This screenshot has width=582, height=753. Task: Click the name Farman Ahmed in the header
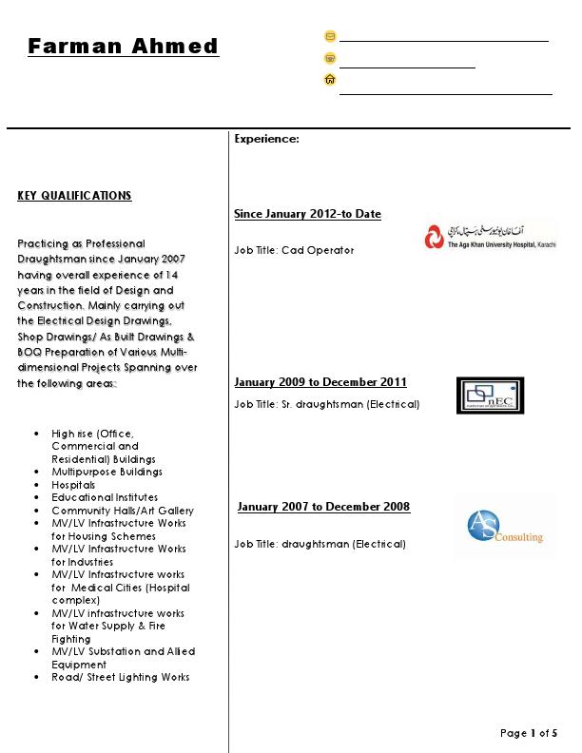point(123,46)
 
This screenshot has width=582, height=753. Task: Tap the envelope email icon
point(330,36)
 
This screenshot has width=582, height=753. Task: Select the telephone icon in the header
point(330,58)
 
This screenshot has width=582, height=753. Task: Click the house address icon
point(330,80)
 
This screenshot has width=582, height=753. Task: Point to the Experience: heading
point(266,139)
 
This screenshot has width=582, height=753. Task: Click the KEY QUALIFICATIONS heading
point(74,196)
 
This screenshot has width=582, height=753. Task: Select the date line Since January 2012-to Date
point(307,214)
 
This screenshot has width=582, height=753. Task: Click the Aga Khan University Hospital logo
point(491,235)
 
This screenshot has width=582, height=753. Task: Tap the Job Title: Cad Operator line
point(294,250)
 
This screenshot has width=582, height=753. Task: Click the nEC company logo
point(490,396)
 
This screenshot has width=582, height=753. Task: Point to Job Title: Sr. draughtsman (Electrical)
point(326,404)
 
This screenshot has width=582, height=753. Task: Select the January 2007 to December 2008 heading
point(323,507)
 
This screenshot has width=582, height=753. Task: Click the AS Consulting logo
point(504,529)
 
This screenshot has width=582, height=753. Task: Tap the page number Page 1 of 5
point(529,733)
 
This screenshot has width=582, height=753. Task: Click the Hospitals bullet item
point(73,485)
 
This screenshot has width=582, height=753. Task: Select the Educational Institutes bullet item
point(105,497)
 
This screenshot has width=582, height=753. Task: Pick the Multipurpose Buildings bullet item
point(107,472)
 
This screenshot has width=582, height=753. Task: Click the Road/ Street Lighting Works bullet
point(120,677)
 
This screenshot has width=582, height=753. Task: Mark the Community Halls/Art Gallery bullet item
point(123,511)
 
